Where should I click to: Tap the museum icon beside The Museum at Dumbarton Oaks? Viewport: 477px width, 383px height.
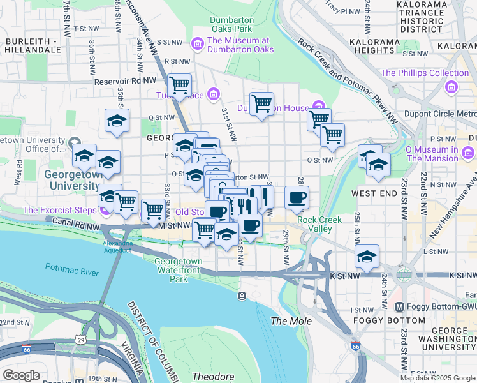pos(198,43)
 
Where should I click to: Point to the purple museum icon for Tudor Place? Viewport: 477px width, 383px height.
pos(214,96)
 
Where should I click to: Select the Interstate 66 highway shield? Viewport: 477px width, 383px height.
pos(356,346)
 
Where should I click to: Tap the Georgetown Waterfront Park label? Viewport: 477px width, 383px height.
pos(179,270)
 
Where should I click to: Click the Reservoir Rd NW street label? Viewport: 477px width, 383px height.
pos(125,82)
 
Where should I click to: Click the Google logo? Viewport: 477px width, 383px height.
pos(22,375)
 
